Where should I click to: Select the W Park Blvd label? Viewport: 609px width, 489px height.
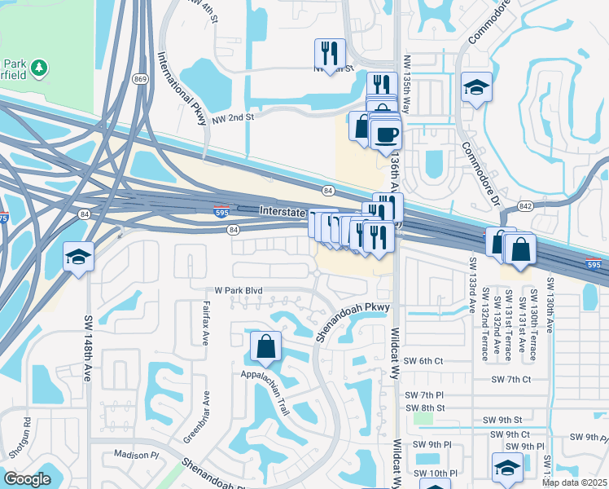238,290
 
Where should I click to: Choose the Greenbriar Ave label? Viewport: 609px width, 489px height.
197,416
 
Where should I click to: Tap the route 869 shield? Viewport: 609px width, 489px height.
141,79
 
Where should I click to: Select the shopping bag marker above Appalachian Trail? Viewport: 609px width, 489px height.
266,347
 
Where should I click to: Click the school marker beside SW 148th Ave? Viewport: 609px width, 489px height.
78,258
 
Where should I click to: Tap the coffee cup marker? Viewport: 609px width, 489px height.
385,134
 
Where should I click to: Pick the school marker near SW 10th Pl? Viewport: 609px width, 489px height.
507,468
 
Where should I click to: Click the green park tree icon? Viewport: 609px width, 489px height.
39,65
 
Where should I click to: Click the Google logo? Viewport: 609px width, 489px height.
27,479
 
